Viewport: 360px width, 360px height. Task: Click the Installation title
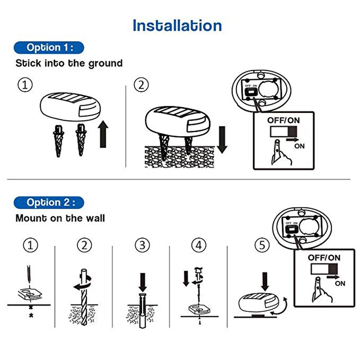click(177, 25)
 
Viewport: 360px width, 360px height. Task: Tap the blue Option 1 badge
click(49, 48)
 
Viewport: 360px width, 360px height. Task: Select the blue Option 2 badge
click(49, 202)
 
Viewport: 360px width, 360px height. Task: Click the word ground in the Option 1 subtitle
click(105, 63)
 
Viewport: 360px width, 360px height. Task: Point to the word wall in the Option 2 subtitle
click(94, 218)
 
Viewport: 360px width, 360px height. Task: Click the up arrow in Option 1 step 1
click(103, 134)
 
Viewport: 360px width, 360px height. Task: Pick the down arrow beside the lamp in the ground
click(222, 139)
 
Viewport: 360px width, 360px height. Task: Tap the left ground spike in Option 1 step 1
click(58, 141)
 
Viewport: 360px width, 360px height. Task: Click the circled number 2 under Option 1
click(141, 85)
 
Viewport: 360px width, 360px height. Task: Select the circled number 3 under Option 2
click(142, 245)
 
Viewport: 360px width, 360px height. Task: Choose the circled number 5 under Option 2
click(262, 245)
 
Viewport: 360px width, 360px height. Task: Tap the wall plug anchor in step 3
click(142, 310)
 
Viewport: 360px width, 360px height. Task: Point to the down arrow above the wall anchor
click(143, 283)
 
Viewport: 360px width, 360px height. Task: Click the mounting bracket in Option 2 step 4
click(199, 309)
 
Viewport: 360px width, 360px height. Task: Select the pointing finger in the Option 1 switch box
click(281, 153)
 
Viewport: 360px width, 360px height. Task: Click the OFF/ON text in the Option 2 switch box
click(324, 257)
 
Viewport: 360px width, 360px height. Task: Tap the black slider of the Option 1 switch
click(292, 131)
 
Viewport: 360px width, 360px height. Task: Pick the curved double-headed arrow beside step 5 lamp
click(279, 306)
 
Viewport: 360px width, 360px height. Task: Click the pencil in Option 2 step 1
click(29, 274)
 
